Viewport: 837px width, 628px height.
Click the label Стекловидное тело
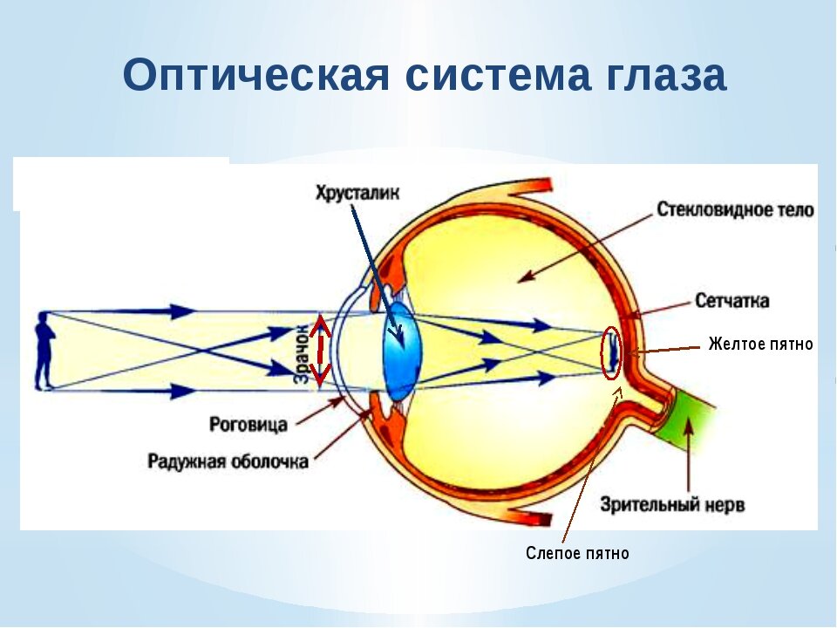coord(735,210)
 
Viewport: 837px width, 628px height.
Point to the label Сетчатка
coord(732,301)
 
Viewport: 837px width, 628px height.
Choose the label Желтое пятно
coord(760,345)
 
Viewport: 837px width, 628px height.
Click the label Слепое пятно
coord(577,554)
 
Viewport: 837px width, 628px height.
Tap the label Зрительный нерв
coord(672,505)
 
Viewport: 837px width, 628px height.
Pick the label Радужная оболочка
coord(228,461)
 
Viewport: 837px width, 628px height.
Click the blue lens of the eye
coord(400,349)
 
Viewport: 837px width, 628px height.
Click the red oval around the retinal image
coord(611,353)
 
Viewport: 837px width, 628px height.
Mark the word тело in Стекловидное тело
coord(797,210)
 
